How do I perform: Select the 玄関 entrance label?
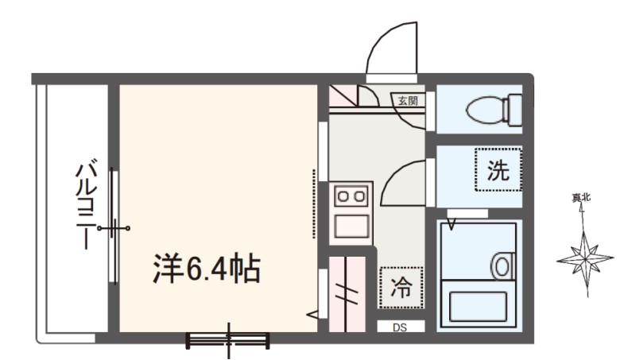tap(409, 100)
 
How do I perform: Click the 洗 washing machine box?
tap(497, 169)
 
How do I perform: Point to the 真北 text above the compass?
tap(583, 199)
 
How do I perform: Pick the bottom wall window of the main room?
tap(228, 339)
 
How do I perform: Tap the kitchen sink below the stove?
tap(351, 226)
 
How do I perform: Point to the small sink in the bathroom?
tap(502, 265)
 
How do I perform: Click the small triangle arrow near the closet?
tap(313, 315)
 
